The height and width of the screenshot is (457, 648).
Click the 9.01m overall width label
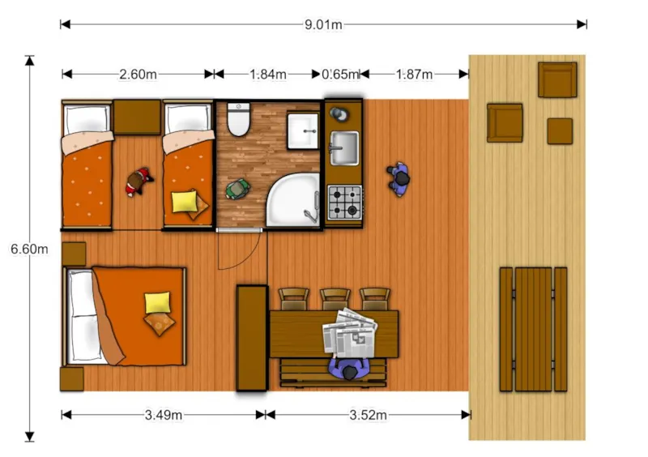[323, 25]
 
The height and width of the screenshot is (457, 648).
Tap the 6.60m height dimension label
[29, 249]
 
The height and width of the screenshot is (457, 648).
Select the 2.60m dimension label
[138, 75]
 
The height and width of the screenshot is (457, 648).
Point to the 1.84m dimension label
[268, 75]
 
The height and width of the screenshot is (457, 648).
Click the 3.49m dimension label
[164, 415]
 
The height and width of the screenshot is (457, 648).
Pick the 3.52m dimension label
[369, 415]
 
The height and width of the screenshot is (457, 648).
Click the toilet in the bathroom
[238, 119]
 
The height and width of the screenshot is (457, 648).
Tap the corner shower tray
[293, 200]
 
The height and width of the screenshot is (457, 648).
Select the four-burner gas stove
[345, 203]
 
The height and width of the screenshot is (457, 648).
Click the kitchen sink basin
[344, 148]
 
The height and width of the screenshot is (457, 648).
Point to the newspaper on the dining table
[350, 333]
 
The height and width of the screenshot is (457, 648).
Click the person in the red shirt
[139, 182]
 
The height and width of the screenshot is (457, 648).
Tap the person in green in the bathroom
[237, 189]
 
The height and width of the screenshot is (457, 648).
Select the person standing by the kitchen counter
[399, 179]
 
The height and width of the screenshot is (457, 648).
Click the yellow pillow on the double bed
[157, 302]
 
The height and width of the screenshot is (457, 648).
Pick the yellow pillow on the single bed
[185, 201]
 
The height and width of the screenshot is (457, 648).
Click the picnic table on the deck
[533, 329]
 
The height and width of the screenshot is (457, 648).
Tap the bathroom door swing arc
[248, 261]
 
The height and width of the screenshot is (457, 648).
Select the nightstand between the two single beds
[137, 117]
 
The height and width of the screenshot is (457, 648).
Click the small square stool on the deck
[560, 131]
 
